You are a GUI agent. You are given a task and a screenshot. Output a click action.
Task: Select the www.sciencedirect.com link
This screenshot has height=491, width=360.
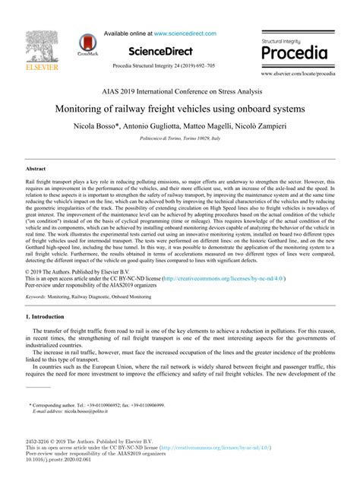185,33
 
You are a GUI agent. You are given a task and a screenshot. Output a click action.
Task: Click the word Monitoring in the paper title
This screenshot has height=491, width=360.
87,108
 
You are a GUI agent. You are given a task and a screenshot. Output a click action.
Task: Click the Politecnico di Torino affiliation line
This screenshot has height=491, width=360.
180,140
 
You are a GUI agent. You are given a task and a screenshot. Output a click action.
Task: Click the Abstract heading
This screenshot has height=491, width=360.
36,167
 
